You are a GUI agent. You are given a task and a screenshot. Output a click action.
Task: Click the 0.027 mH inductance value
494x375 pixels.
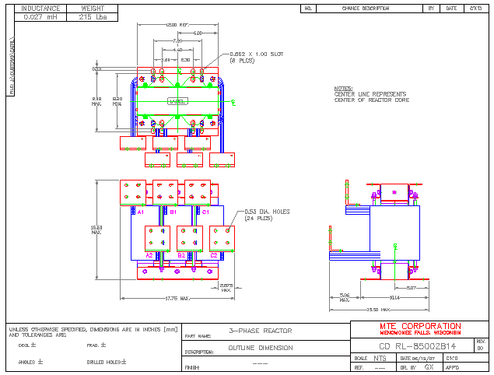click(x=40, y=16)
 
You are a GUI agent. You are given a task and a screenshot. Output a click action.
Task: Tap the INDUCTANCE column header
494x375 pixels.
click(x=40, y=8)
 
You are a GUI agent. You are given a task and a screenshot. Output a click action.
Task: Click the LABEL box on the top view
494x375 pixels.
click(x=177, y=101)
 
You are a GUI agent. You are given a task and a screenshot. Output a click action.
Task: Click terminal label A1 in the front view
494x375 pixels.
click(x=140, y=212)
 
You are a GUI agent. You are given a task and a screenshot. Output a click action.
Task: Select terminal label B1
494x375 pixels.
click(x=173, y=212)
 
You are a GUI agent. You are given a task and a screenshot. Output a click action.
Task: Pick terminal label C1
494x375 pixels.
click(x=205, y=212)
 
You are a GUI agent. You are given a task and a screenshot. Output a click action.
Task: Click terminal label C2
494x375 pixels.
click(x=214, y=254)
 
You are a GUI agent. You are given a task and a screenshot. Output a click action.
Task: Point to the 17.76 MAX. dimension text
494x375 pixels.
click(x=178, y=297)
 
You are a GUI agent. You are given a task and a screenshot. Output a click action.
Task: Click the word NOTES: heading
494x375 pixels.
click(x=343, y=89)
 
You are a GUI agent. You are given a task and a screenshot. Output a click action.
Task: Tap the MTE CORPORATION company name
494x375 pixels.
click(x=420, y=326)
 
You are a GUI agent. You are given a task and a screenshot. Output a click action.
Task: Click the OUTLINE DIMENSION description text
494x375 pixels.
click(x=260, y=348)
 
